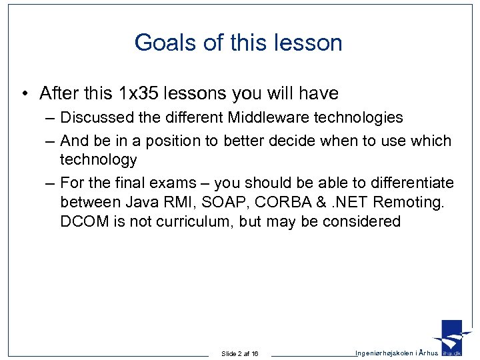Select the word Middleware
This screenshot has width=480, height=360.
click(x=267, y=118)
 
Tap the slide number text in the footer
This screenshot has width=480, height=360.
click(x=240, y=353)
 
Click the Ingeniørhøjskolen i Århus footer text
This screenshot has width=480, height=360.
click(x=397, y=353)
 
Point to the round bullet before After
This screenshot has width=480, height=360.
click(x=23, y=94)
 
